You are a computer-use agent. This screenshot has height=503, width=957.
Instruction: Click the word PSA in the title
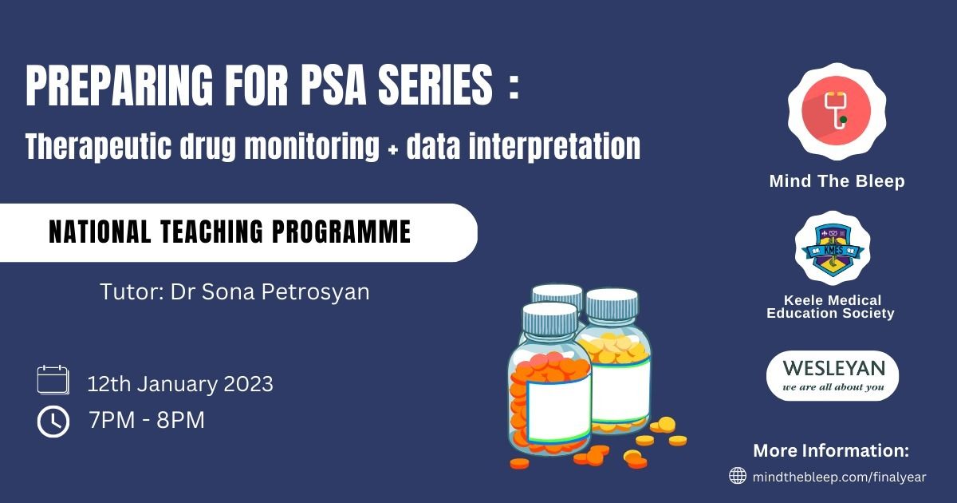coord(333,85)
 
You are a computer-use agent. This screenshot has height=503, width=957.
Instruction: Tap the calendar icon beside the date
coord(53,380)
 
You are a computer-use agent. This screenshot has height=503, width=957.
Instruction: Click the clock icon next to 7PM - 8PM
coord(53,422)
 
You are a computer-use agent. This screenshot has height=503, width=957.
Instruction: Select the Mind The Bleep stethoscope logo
coord(837,112)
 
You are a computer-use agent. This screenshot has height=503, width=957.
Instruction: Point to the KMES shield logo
coord(833,248)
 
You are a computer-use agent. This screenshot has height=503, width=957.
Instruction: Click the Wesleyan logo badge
coord(833,376)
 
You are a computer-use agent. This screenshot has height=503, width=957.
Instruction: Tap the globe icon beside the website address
coord(738,476)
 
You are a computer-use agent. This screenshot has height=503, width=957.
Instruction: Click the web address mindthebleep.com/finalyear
coord(840,477)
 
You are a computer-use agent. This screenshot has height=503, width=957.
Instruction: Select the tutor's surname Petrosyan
coord(315,293)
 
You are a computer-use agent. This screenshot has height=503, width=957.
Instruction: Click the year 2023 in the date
coord(248,384)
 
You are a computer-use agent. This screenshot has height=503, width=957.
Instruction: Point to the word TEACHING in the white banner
coord(211,232)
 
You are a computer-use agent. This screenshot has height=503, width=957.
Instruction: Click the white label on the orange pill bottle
coord(559,410)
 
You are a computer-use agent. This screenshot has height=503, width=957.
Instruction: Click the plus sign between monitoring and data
coord(393,151)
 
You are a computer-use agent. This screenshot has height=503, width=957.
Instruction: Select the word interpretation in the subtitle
coord(554,147)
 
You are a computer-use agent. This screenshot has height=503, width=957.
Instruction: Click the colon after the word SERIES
coord(514,88)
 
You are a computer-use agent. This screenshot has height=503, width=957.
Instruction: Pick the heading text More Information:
coord(831,450)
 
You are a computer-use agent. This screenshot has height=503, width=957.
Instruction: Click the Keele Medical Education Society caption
coord(831,307)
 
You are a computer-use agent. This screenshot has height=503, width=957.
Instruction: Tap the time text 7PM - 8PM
coord(147,420)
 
